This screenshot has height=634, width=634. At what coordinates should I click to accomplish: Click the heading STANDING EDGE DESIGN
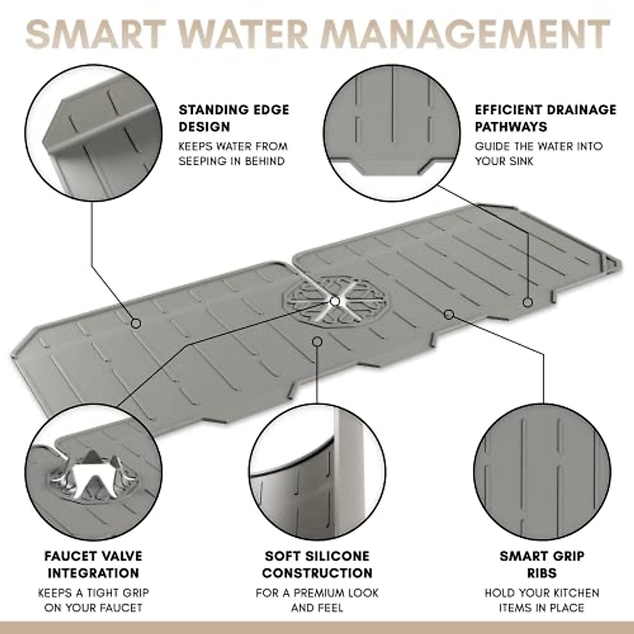pos(234,118)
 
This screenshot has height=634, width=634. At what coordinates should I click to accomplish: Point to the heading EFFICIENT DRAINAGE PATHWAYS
pos(545,118)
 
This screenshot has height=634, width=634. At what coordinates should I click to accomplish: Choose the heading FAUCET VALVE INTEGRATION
pos(93,564)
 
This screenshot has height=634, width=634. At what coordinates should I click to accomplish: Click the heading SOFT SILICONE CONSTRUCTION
pos(317,564)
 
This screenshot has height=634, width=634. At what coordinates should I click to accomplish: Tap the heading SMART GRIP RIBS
pos(542,564)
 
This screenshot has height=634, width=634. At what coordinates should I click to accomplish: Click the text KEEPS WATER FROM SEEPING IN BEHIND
pos(232,154)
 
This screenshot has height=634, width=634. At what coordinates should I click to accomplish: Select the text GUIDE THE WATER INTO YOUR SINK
pos(538,154)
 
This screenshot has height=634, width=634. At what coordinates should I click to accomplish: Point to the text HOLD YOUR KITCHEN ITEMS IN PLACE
pos(542,600)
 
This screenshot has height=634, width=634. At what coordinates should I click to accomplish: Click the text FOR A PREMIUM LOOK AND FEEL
pos(317,600)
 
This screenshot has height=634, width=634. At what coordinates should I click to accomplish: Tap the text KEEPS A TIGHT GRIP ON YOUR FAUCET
pos(93,600)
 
